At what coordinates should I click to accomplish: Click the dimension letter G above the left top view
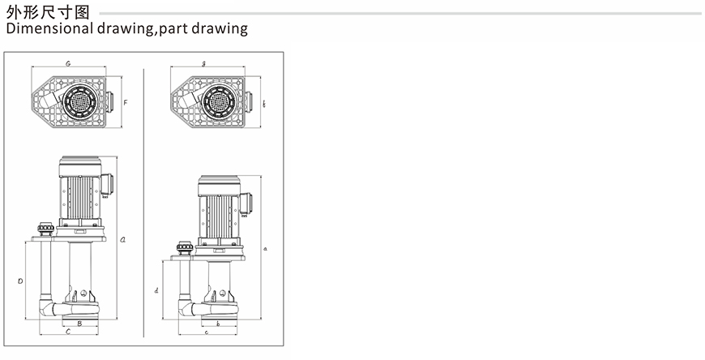[x=68, y=63]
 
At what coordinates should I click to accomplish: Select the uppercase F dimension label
[x=126, y=103]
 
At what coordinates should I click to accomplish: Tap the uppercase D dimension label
[x=20, y=281]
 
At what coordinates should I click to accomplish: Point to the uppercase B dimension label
[x=79, y=323]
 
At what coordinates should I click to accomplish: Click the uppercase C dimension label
[x=68, y=332]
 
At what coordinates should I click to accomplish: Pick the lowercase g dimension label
[x=203, y=64]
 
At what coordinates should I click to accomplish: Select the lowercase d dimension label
[x=156, y=291]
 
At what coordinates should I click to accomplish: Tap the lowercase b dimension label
[x=218, y=324]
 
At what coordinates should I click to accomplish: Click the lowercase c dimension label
[x=207, y=332]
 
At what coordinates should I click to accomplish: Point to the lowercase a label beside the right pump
[x=265, y=248]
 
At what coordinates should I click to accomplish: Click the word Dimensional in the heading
[x=49, y=28]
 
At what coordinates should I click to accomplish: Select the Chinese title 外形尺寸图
[x=48, y=12]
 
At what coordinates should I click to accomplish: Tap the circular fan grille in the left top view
[x=79, y=101]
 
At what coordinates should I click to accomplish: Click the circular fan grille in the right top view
[x=219, y=101]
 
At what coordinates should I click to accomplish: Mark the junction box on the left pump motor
[x=107, y=185]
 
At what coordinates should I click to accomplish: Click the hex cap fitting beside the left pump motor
[x=45, y=229]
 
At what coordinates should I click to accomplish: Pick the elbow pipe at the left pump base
[x=47, y=308]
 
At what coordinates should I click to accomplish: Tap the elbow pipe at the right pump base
[x=186, y=309]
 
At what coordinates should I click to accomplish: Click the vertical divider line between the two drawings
[x=144, y=203]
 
